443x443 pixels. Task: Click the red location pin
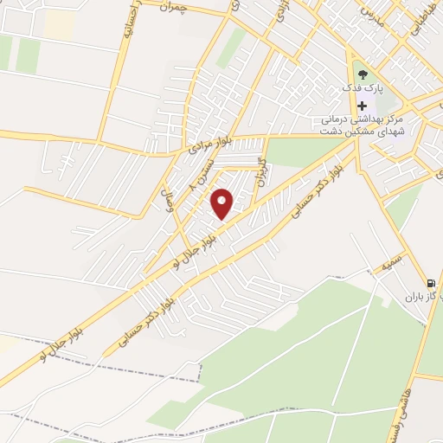pyautogui.click(x=223, y=202)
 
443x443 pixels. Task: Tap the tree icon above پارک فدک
pyautogui.click(x=362, y=74)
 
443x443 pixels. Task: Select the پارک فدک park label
pyautogui.click(x=362, y=89)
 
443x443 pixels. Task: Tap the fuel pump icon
pyautogui.click(x=430, y=283)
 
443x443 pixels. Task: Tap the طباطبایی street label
pyautogui.click(x=416, y=22)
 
